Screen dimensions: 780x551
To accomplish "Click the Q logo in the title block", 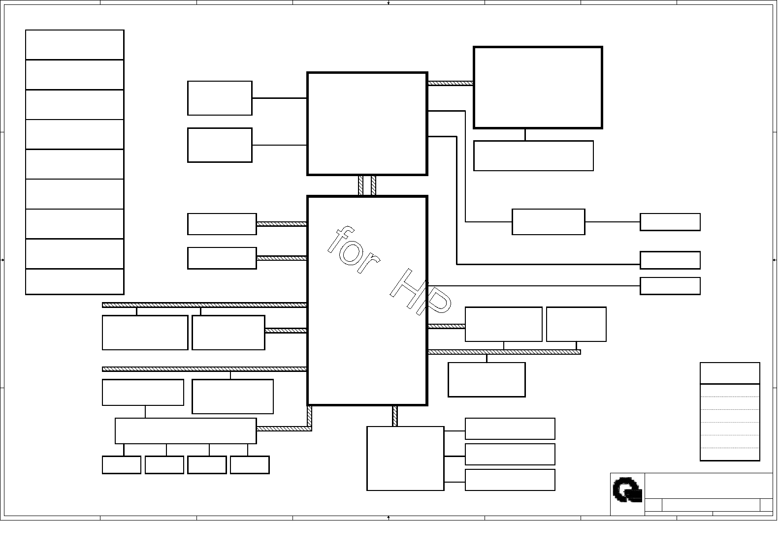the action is click(x=627, y=490).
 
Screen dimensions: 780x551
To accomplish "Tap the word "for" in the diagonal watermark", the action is click(x=354, y=249).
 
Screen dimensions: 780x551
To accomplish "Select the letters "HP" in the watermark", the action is click(x=421, y=292).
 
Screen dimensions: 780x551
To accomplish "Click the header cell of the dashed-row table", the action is click(x=730, y=373).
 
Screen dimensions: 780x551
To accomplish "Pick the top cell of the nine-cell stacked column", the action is click(x=74, y=45).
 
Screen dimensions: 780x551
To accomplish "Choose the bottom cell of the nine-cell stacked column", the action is click(x=74, y=282).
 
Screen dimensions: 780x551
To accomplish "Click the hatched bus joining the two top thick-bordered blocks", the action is click(x=450, y=83).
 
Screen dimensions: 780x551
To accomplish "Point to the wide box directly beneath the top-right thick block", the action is click(x=533, y=156).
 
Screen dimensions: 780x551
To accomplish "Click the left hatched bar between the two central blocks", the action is click(x=361, y=186).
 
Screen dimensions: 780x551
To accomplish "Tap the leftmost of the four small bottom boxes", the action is click(x=122, y=465).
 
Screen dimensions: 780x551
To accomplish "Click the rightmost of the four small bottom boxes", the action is click(x=250, y=465).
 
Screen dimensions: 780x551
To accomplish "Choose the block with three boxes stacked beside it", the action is click(x=405, y=459).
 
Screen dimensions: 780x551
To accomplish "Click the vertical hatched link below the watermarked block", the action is click(x=395, y=416).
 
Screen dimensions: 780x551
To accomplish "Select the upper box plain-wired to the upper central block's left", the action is click(x=220, y=98).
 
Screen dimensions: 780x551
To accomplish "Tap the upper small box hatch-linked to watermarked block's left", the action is click(x=222, y=224).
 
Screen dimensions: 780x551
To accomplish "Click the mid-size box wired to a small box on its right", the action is click(x=549, y=222).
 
